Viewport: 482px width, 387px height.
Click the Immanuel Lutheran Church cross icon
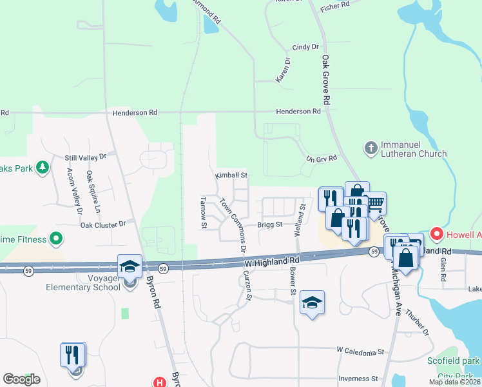click(x=371, y=148)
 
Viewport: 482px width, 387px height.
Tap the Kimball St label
click(x=231, y=175)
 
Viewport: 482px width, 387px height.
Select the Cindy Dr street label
click(x=305, y=47)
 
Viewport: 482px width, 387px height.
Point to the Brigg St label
click(x=270, y=224)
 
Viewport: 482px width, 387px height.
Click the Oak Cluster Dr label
click(x=103, y=224)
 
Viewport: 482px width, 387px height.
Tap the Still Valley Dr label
click(x=89, y=157)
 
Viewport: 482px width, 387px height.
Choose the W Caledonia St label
click(x=360, y=352)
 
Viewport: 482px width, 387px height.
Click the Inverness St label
click(x=358, y=379)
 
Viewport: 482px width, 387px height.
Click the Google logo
click(x=21, y=379)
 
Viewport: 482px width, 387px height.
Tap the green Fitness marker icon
click(x=56, y=239)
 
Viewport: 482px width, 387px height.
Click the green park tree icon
click(x=43, y=168)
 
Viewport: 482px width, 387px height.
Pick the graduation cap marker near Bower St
click(x=312, y=303)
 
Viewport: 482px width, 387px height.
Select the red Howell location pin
click(x=437, y=233)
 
